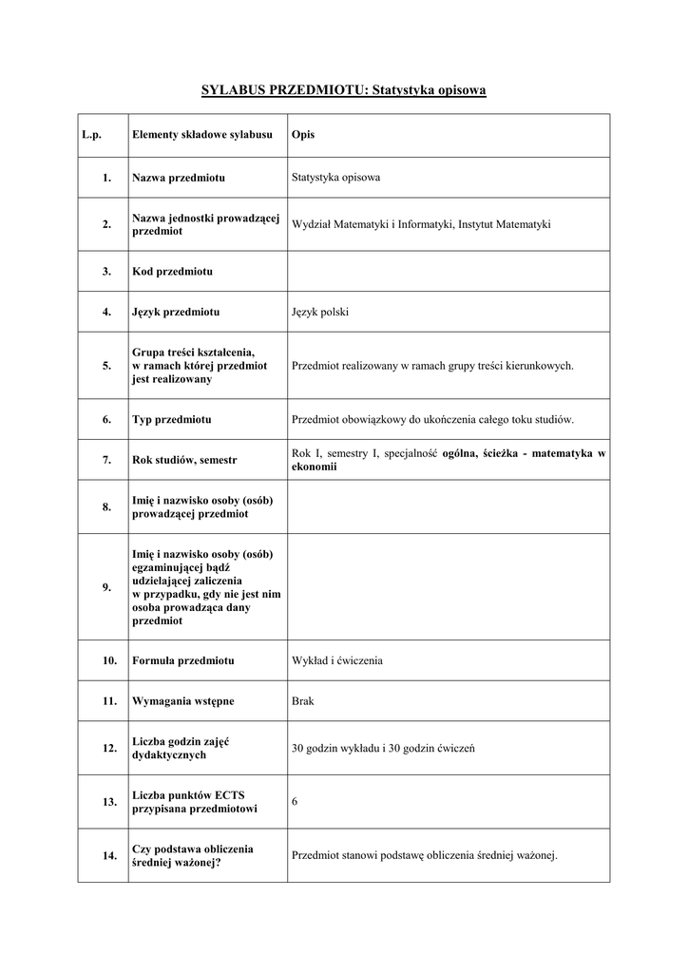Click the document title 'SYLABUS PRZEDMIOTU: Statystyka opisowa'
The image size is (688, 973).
[343, 90]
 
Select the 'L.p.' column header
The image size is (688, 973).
[91, 136]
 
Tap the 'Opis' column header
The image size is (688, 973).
[303, 136]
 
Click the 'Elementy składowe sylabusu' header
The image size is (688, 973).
[202, 136]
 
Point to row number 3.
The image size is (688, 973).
[106, 272]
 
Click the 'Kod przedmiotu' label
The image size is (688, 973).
[172, 272]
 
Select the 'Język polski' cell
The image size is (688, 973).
[320, 312]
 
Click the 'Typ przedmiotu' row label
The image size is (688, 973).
[172, 419]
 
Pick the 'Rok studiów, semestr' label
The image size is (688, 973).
[184, 460]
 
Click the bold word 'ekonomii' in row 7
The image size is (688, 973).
[314, 467]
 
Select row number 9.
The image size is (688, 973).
[106, 587]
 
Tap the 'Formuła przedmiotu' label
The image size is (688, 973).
[183, 660]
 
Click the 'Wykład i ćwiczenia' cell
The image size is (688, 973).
[337, 660]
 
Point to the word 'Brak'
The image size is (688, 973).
[302, 701]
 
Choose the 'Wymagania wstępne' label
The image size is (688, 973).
[182, 701]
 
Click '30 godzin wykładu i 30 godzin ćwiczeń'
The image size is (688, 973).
[383, 749]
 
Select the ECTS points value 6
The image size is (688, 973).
[295, 802]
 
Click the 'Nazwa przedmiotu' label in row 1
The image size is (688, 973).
[178, 178]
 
